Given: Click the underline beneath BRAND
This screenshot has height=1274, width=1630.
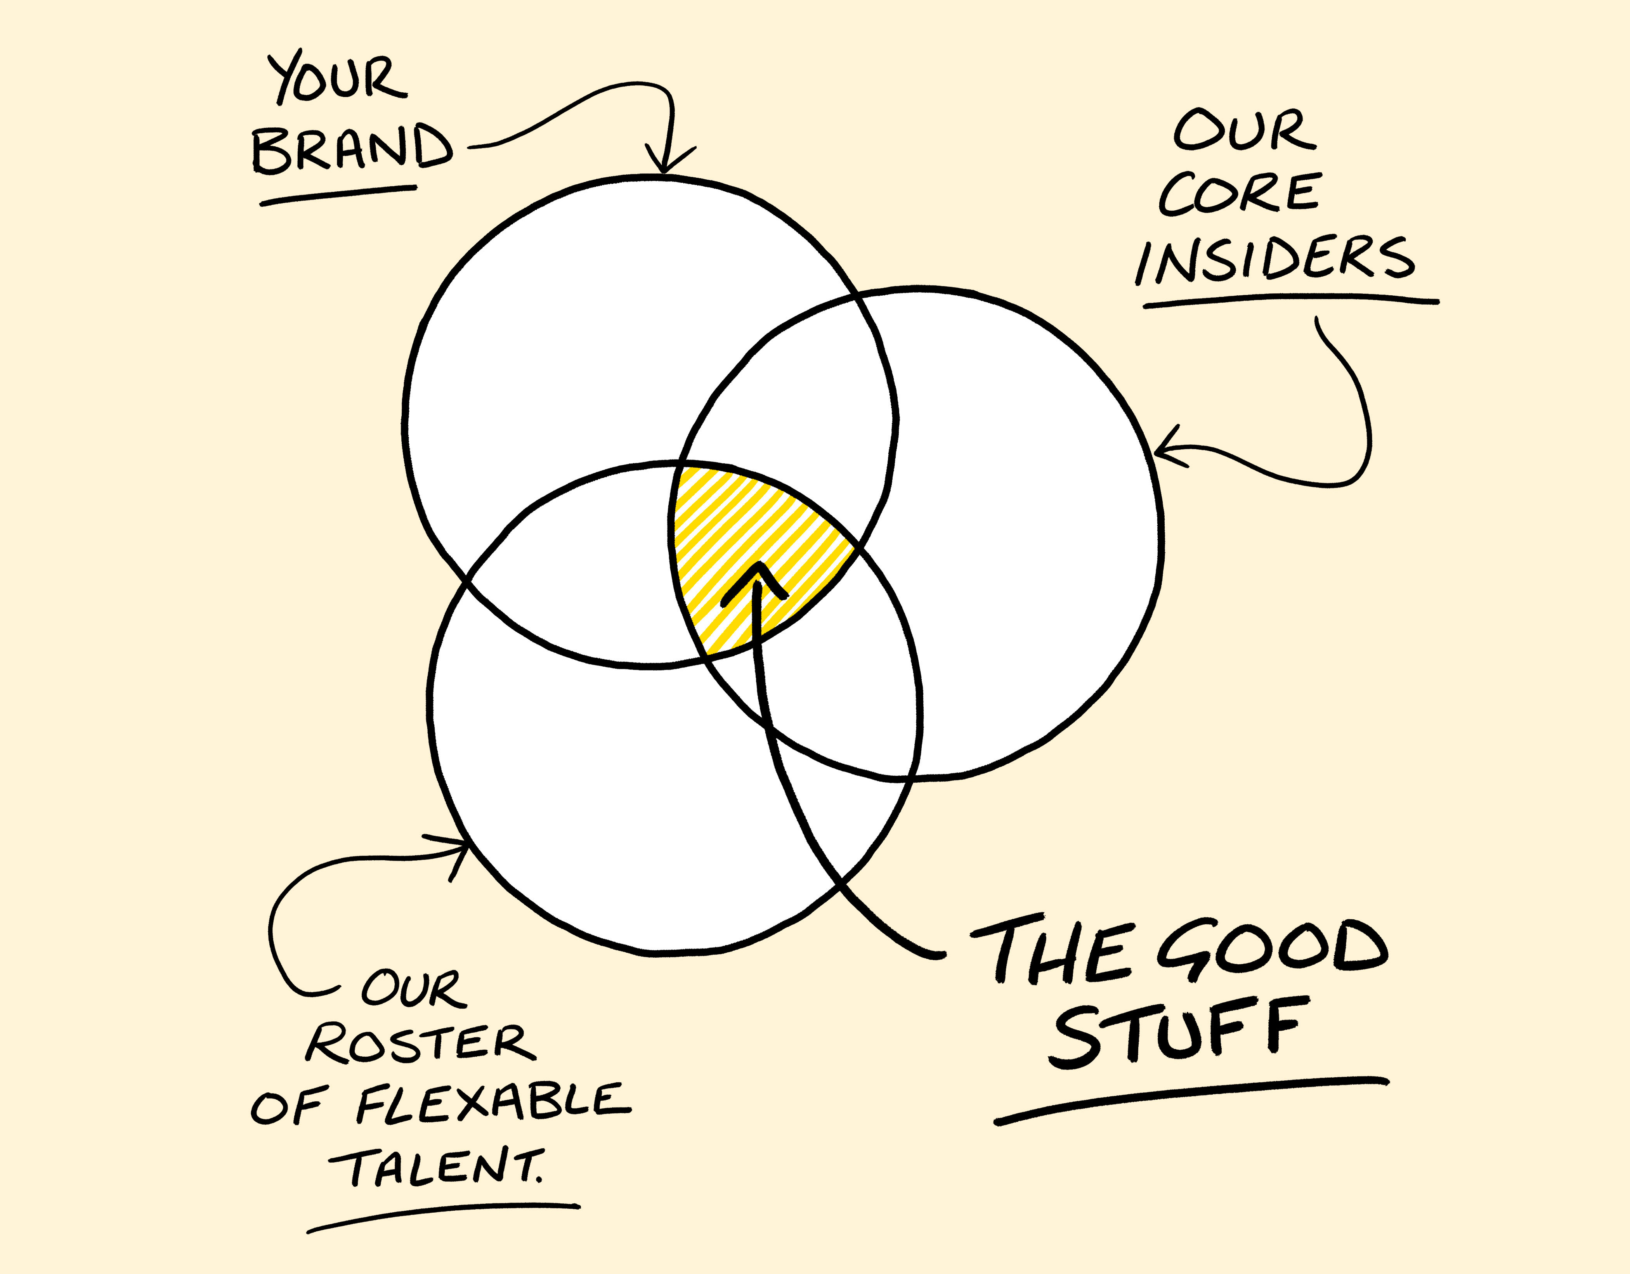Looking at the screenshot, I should (x=337, y=196).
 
